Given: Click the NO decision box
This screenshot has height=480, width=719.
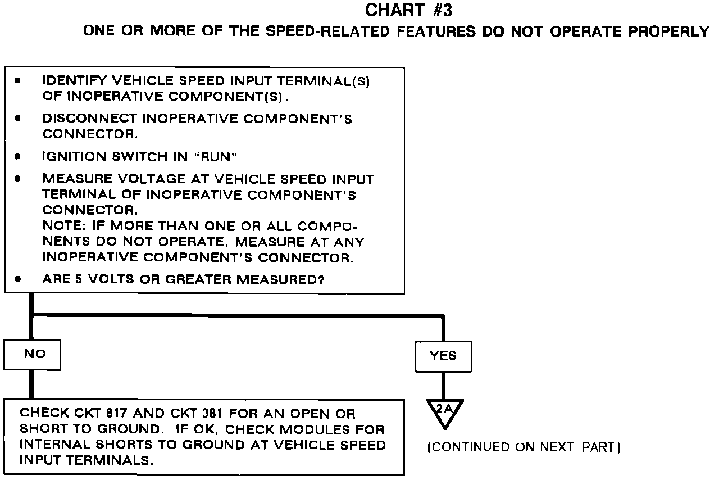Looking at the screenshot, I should pos(32,355).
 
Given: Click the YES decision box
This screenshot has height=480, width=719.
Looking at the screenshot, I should pos(443,356).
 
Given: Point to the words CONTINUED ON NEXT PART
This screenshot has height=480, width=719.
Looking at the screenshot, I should pos(524,447).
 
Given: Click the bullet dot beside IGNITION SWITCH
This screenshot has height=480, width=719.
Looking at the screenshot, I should pos(18,157).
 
